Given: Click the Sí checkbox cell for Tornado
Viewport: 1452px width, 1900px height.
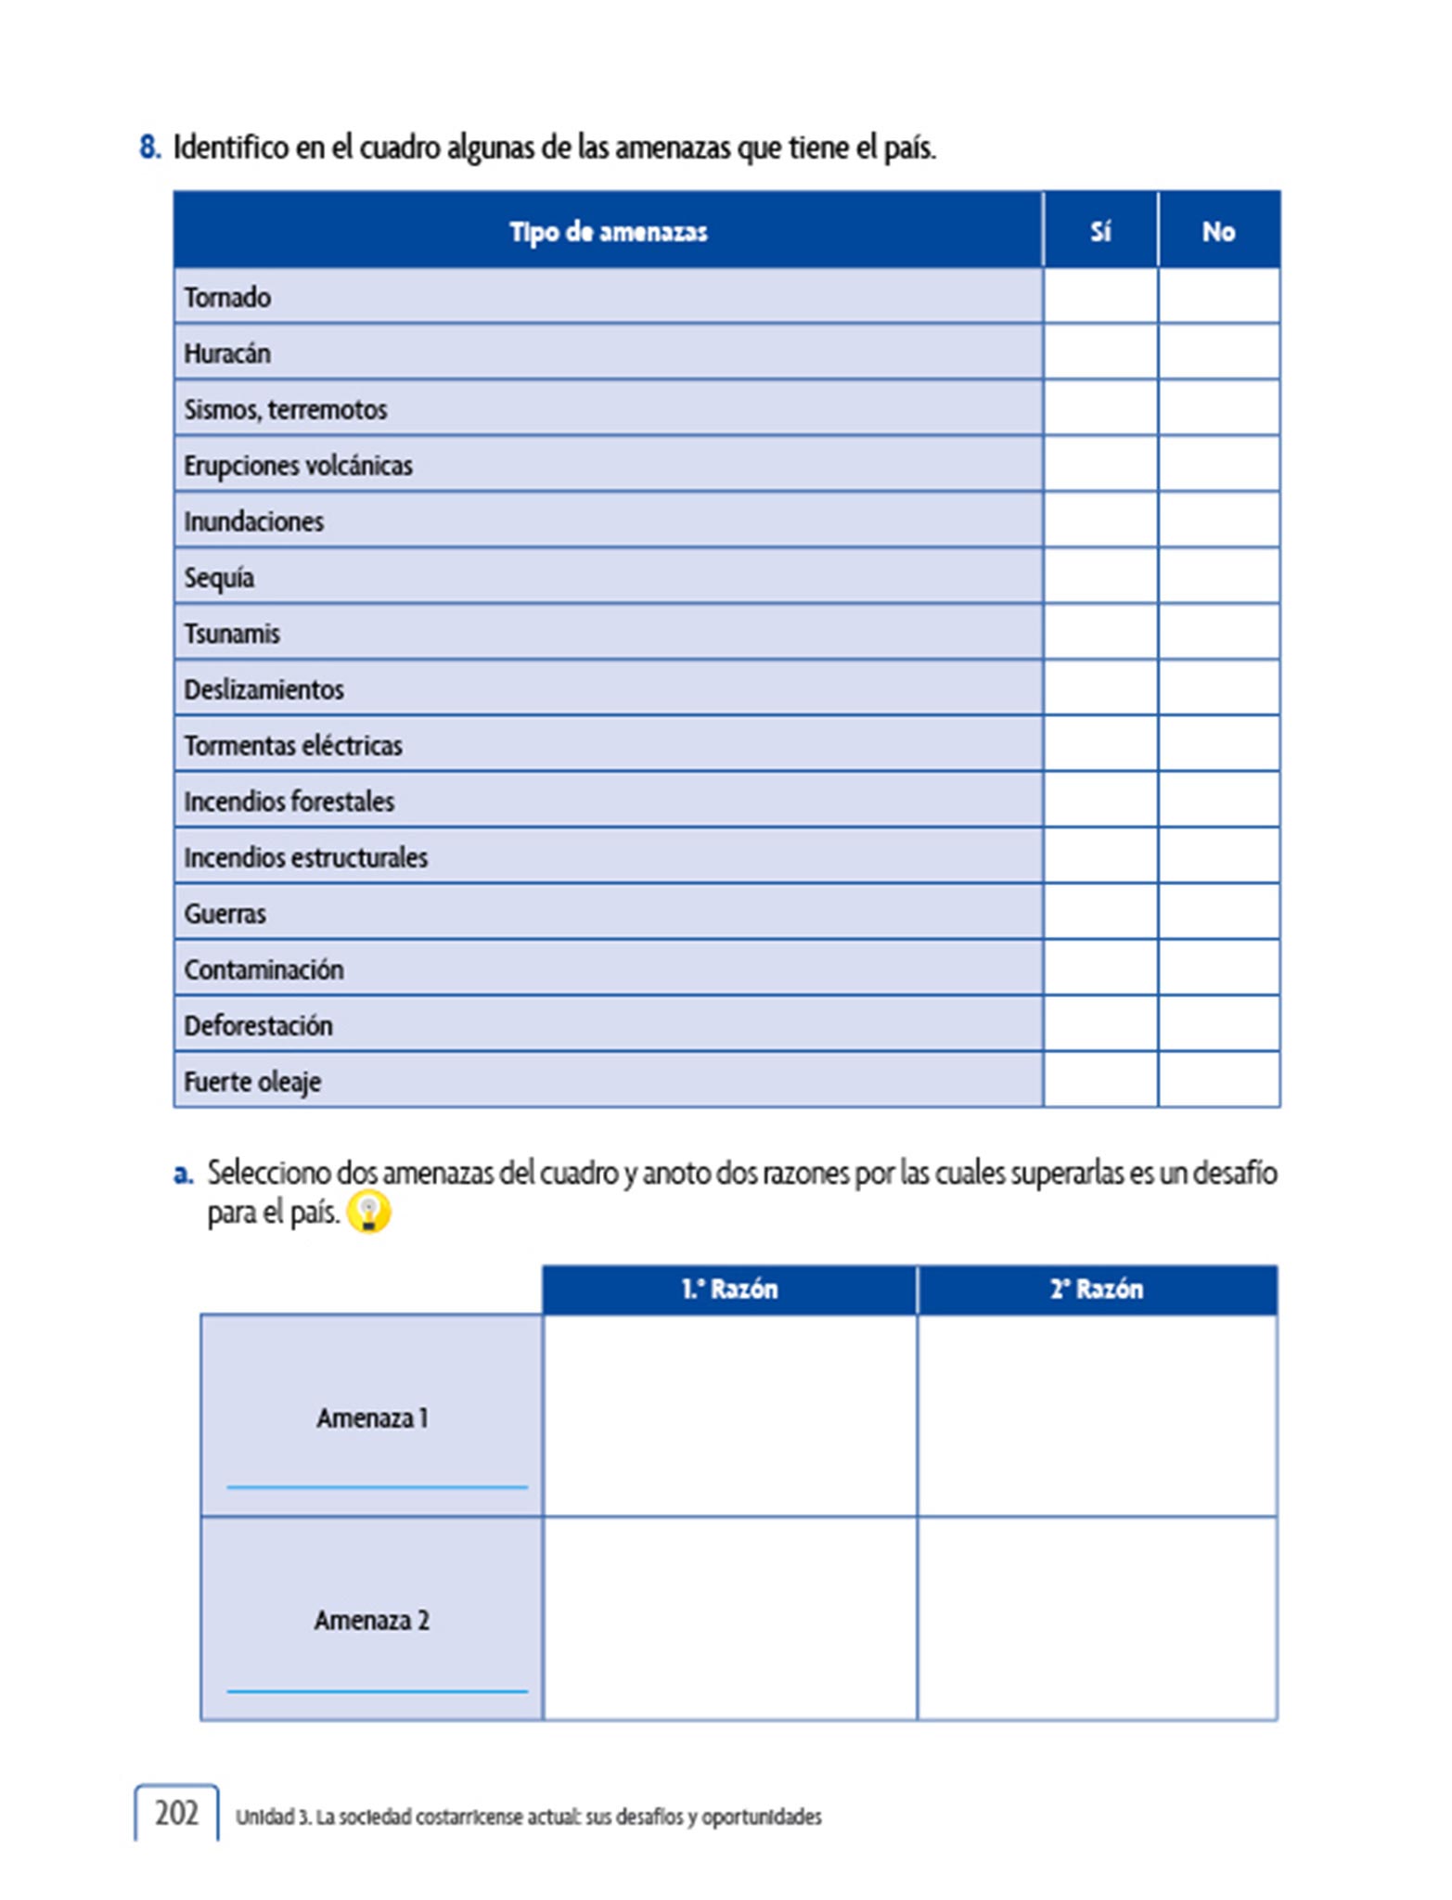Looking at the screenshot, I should [x=1099, y=296].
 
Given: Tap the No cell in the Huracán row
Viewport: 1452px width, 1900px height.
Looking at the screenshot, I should [x=1218, y=352].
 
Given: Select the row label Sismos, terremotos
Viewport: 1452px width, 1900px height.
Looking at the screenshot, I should [x=286, y=409].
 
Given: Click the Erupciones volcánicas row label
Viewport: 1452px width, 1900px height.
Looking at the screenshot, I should [x=298, y=465].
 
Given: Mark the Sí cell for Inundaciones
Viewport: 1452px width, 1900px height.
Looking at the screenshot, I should [x=1099, y=520].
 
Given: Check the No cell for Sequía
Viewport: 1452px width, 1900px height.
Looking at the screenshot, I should [x=1218, y=576].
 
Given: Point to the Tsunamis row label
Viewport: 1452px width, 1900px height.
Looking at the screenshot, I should [x=232, y=634].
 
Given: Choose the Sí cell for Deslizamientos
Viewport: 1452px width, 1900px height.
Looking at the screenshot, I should [x=1099, y=687].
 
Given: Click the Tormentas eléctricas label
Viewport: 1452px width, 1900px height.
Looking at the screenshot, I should [x=293, y=745].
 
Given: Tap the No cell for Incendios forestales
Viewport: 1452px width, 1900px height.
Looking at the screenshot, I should [x=1218, y=800].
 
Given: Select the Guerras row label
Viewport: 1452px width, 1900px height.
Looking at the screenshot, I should [x=225, y=914].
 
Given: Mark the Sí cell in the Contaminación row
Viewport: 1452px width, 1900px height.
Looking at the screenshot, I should [x=1099, y=968].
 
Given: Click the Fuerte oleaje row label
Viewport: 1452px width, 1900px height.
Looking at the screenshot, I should [x=252, y=1082].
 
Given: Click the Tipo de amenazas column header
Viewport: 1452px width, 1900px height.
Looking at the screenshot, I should [x=608, y=231].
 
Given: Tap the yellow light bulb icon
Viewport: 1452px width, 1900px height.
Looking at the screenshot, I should [x=368, y=1213].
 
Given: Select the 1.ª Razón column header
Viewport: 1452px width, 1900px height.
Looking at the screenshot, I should [x=729, y=1290].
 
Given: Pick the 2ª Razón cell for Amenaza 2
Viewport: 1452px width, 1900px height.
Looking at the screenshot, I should [x=1097, y=1619].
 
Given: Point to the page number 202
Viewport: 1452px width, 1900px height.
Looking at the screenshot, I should [x=176, y=1813].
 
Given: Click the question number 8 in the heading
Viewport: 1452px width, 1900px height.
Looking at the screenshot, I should [x=149, y=148].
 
